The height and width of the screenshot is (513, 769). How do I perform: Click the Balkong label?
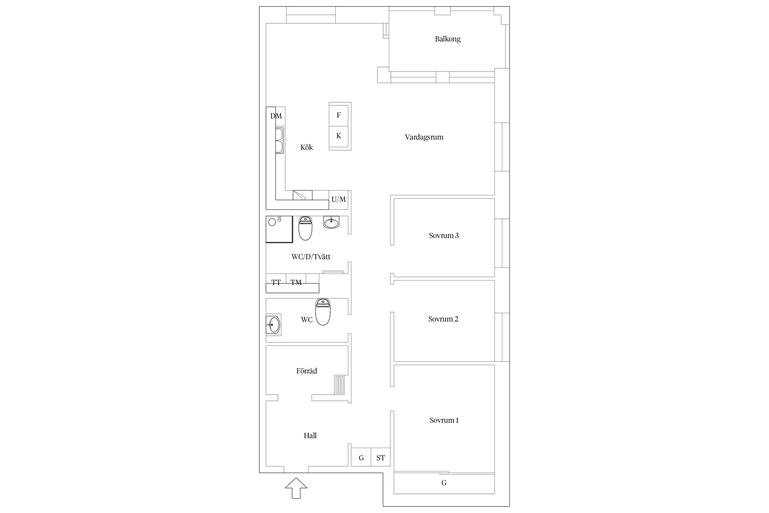point(448,39)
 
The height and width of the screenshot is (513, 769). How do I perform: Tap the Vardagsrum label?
point(424,137)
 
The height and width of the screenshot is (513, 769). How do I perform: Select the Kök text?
point(307,147)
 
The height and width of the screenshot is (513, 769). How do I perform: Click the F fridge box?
point(339,115)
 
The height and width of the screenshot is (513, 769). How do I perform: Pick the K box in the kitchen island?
point(339,136)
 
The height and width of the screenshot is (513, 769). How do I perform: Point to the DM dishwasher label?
point(276,116)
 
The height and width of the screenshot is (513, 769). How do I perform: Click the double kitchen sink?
point(280,141)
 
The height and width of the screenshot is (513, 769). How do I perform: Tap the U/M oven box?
point(339,200)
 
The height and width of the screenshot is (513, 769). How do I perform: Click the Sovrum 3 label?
point(444,236)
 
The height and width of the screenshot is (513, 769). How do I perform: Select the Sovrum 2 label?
point(443,319)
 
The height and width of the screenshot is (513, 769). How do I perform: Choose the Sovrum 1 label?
point(444,420)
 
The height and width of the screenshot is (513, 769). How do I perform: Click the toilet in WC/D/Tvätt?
point(305,228)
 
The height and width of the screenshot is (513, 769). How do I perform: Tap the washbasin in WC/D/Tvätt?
point(331,222)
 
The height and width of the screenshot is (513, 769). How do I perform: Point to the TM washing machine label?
point(296,282)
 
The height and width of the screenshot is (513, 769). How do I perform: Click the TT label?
point(276,282)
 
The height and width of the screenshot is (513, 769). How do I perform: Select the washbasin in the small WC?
point(273,325)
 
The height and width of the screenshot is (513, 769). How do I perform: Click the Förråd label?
point(307,371)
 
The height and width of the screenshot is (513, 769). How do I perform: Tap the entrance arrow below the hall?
point(296,488)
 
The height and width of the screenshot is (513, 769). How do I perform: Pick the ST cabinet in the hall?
point(381,457)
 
